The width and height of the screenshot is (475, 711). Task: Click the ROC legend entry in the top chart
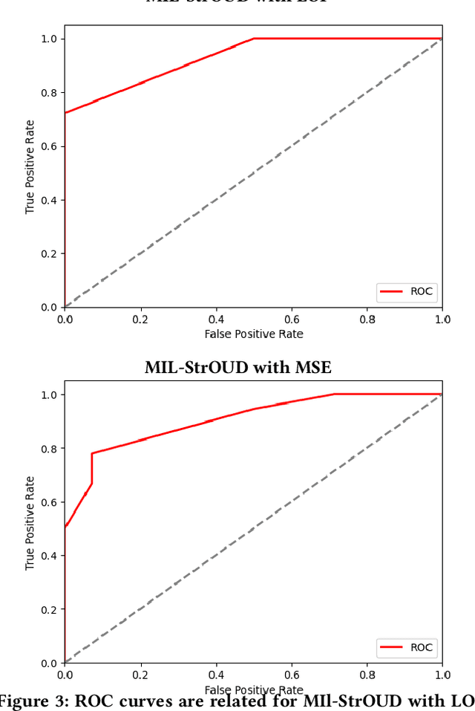point(407,292)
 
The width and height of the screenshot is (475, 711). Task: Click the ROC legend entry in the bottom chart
point(407,647)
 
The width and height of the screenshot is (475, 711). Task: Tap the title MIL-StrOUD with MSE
point(237,367)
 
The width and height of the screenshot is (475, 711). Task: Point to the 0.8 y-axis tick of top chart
point(47,92)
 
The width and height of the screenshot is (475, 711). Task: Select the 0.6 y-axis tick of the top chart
point(47,146)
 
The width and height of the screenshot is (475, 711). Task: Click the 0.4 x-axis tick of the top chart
point(216,319)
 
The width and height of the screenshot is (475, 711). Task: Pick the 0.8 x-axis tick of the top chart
point(367,319)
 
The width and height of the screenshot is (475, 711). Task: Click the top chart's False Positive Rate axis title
point(253,334)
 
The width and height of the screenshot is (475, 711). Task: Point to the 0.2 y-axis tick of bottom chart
point(47,609)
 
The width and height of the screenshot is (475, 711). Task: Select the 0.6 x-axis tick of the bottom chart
point(291,675)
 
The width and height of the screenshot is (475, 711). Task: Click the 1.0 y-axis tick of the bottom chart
point(47,395)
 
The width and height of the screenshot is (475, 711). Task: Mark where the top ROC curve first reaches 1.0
point(253,39)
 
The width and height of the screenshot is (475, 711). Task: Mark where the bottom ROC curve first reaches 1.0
point(334,395)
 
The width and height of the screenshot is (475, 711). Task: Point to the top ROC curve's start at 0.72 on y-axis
point(65,113)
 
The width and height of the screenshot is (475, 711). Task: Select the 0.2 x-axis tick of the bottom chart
point(140,675)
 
